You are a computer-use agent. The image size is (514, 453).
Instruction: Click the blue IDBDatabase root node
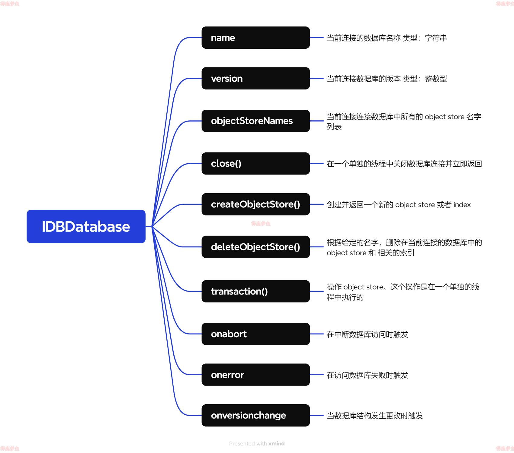(86, 226)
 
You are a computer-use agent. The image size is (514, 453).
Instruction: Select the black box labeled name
(255, 37)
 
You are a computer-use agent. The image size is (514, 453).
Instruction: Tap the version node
(255, 78)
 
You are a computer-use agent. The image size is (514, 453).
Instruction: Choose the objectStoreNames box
(255, 121)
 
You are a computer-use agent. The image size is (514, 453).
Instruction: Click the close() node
(255, 164)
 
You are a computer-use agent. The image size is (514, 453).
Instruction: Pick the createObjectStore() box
(255, 204)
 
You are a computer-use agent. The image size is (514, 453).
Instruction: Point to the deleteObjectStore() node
(255, 247)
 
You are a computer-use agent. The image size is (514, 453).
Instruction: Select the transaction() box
(255, 291)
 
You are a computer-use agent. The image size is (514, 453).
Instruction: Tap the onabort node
(255, 334)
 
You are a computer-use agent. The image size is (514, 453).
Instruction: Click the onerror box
(255, 375)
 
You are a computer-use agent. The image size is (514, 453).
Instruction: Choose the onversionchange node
(255, 416)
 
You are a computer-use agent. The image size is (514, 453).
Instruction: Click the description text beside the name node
(387, 38)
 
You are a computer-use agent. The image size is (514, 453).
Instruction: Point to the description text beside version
(387, 79)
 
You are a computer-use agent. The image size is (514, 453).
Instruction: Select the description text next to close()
(404, 164)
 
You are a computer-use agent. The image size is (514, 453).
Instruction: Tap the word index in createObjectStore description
(462, 205)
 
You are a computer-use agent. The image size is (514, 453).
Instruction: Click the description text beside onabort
(367, 334)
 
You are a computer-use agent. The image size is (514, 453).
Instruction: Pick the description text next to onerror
(367, 375)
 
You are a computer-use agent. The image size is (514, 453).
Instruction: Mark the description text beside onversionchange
(374, 416)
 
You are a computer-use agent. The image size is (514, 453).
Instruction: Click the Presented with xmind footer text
(257, 444)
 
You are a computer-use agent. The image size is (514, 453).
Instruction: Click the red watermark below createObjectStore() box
(261, 224)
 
